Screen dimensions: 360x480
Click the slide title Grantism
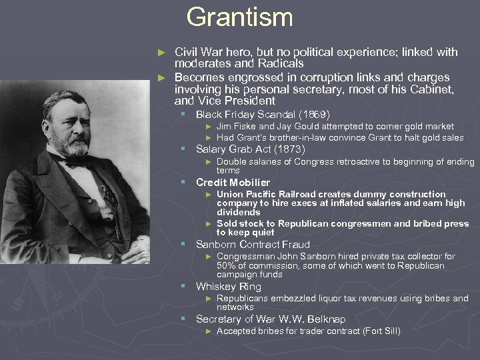coord(239,17)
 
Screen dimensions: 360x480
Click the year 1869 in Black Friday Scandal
coord(312,114)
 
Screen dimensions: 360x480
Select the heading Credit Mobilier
coord(233,182)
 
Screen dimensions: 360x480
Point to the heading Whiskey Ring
coord(228,286)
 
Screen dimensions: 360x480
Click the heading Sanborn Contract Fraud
coord(253,245)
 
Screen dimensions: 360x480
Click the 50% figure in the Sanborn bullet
coord(227,265)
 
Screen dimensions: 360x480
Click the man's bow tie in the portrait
coord(78,161)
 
